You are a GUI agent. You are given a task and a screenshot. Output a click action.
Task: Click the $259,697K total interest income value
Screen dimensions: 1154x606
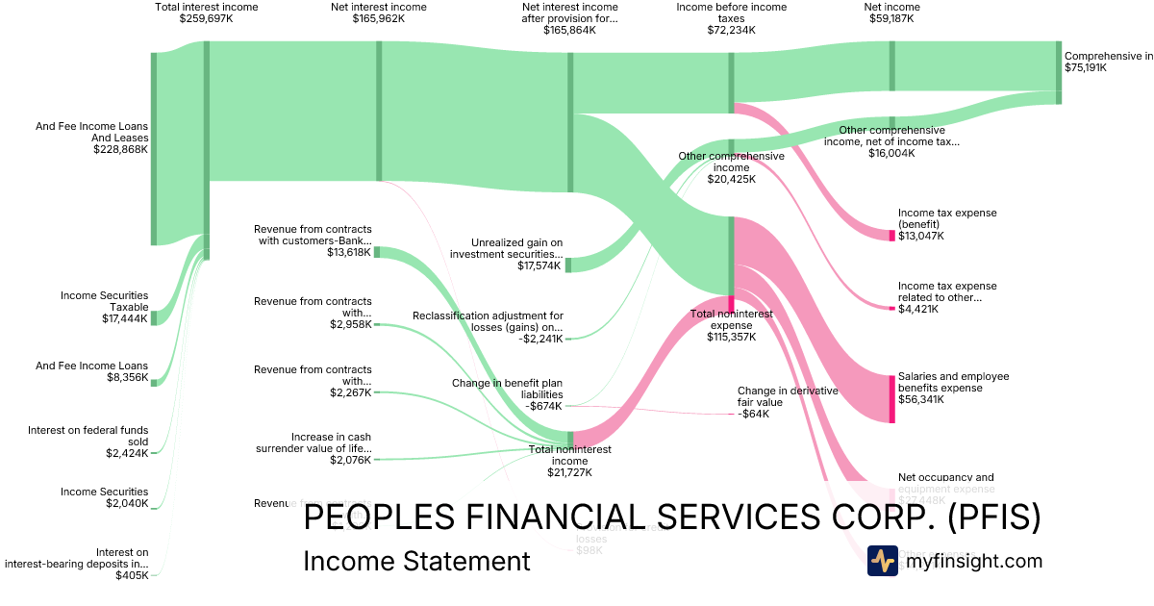206,18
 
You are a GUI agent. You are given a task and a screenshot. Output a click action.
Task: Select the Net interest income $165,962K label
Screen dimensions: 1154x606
378,13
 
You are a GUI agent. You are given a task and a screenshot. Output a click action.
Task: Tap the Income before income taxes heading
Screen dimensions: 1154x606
731,13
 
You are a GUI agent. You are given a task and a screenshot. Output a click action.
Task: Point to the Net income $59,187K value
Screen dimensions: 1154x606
891,18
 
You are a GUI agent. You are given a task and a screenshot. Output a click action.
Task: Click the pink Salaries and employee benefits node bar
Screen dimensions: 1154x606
891,398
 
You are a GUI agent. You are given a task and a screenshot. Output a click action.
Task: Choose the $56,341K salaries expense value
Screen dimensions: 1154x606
921,399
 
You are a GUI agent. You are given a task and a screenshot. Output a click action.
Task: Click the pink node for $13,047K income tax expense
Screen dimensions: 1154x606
891,235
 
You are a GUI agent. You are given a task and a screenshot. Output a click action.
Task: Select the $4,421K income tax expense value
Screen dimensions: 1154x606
919,309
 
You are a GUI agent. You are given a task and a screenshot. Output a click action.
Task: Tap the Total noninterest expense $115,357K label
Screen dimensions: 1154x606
731,325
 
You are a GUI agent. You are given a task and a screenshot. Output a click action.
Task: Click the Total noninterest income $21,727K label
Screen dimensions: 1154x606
570,461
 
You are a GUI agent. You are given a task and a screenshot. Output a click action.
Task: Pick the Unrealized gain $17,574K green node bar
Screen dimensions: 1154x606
568,265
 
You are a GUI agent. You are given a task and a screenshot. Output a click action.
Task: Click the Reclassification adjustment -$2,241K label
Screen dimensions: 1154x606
488,327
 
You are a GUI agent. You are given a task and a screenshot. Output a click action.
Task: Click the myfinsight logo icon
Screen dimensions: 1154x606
883,561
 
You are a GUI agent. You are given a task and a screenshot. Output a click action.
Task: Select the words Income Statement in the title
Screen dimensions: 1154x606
416,562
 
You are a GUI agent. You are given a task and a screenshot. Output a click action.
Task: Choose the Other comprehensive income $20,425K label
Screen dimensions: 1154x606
731,167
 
